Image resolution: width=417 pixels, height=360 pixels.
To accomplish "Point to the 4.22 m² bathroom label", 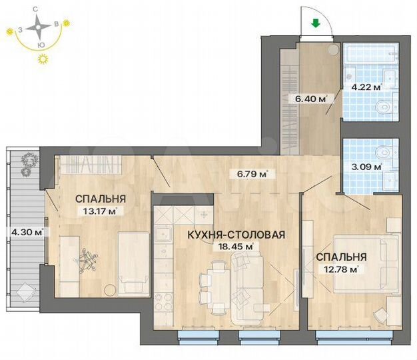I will pos(366,87).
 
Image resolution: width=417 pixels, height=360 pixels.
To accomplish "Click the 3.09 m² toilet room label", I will pos(366,167).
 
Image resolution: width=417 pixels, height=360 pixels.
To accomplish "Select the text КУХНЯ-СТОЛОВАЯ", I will pos(237,235).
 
